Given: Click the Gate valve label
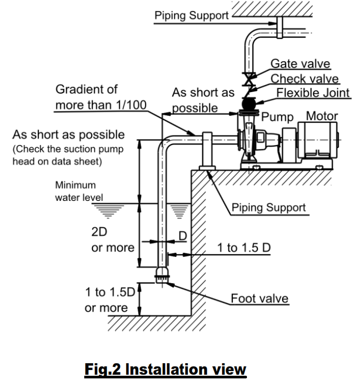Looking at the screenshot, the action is (300, 64).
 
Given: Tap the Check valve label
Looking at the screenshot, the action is (305, 79).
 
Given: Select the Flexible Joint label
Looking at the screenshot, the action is (313, 93).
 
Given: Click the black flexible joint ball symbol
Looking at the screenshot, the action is (249, 103).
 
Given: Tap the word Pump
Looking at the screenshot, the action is (277, 117).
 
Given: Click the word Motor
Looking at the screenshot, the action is (322, 116).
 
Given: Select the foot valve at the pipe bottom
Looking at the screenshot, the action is (162, 275).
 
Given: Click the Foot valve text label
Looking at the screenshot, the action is (260, 298).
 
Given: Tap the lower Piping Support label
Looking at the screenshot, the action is (268, 208).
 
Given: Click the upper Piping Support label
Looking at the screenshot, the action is (192, 16).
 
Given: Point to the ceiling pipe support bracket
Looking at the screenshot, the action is (280, 27).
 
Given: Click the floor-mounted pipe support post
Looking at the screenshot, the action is (207, 151).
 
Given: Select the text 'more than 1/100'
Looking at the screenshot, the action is (101, 105).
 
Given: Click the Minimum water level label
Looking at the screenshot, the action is (79, 191).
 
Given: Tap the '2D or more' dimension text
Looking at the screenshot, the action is (113, 240).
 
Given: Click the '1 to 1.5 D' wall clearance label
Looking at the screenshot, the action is (244, 248).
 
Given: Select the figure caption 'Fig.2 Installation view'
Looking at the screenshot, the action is (165, 369).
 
